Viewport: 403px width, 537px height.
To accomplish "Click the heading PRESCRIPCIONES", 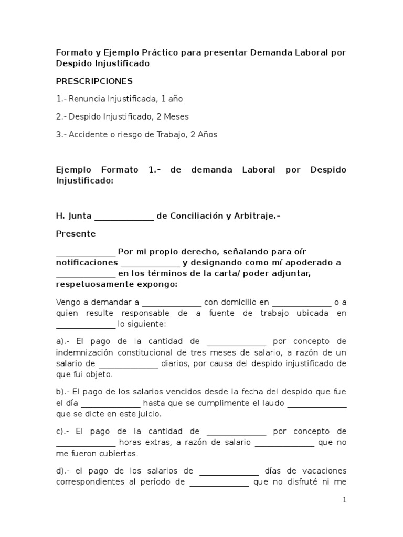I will click(x=94, y=81).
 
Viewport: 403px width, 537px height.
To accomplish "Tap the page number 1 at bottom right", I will click(x=345, y=500).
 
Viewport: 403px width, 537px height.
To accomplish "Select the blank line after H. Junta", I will click(x=124, y=216).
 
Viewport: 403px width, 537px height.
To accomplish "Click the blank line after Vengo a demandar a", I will click(x=172, y=303).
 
